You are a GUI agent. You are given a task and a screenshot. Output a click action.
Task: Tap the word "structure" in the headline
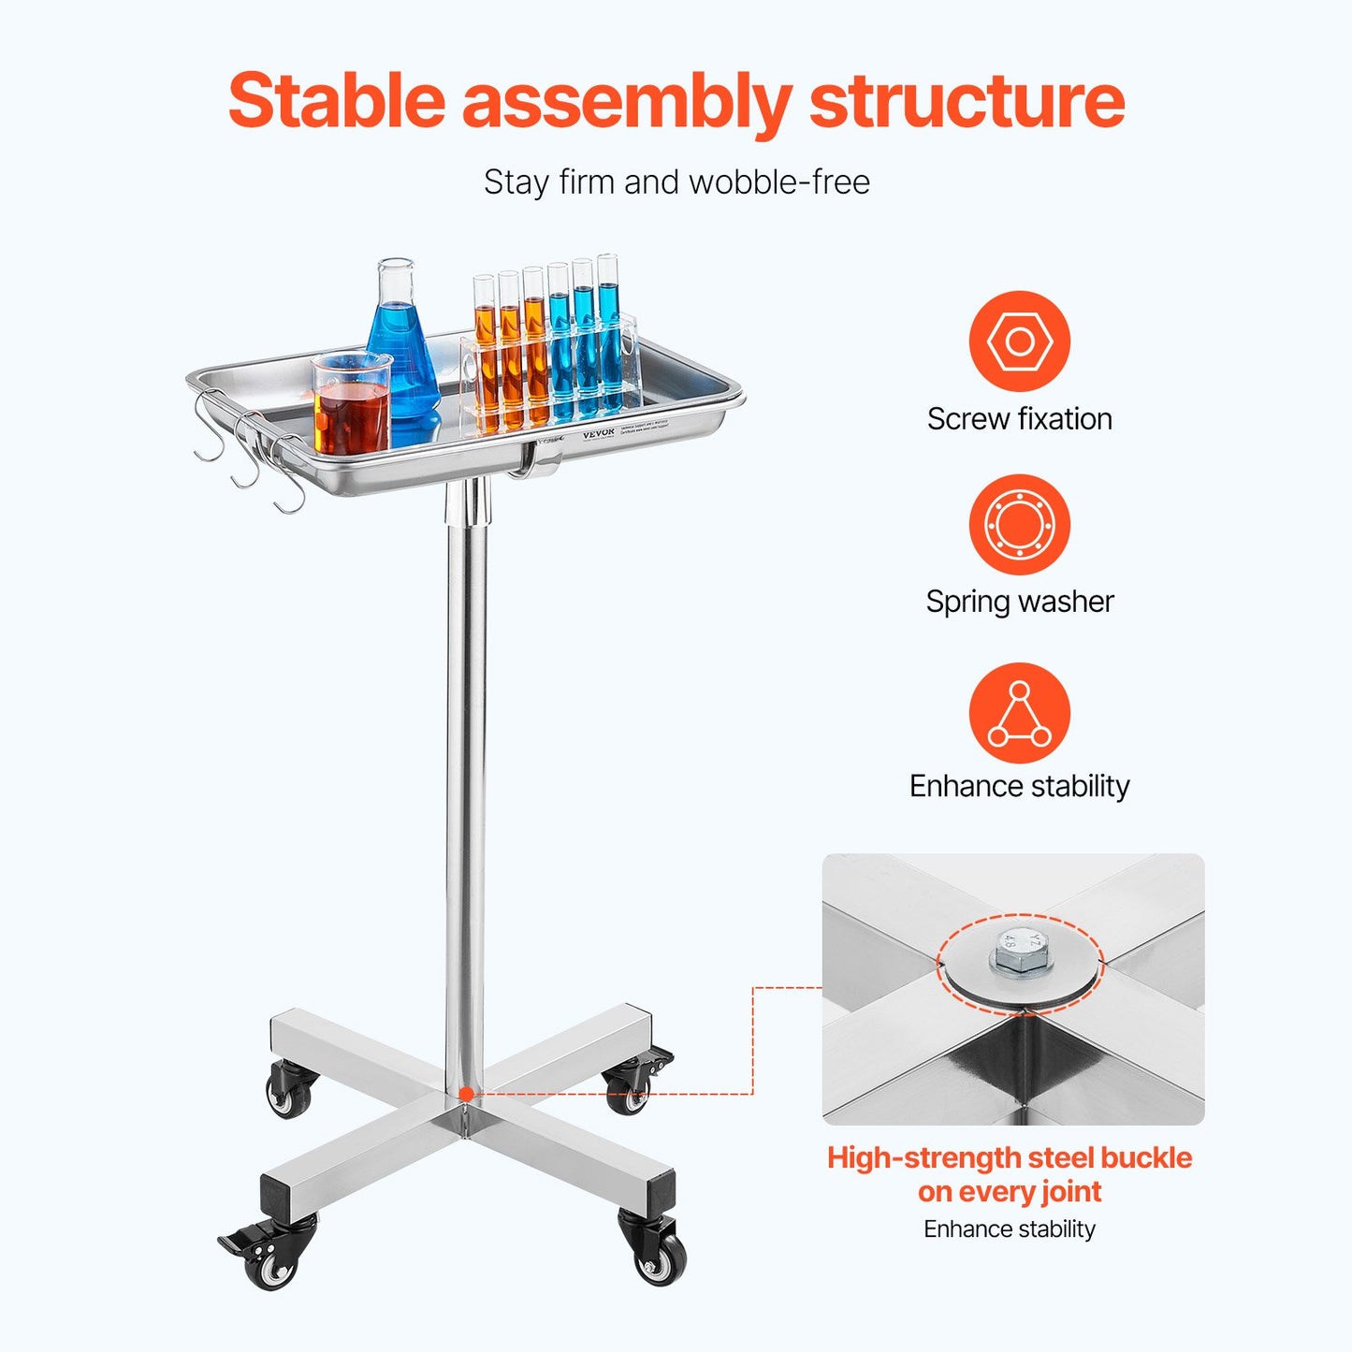pyautogui.click(x=966, y=101)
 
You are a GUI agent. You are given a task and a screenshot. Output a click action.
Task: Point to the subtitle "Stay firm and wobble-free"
pyautogui.click(x=676, y=182)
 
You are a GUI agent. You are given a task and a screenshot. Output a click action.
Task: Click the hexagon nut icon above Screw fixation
pyautogui.click(x=1019, y=341)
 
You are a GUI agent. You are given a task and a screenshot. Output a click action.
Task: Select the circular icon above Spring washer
pyautogui.click(x=1019, y=524)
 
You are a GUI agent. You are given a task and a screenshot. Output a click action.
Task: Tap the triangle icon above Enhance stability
pyautogui.click(x=1019, y=713)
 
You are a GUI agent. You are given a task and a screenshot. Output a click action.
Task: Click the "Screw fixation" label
pyautogui.click(x=1019, y=418)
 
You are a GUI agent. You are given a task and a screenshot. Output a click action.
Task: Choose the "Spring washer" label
pyautogui.click(x=1019, y=601)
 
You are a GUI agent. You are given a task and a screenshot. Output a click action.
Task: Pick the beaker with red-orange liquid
pyautogui.click(x=351, y=404)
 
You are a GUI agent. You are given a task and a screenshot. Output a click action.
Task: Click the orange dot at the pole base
pyautogui.click(x=466, y=1093)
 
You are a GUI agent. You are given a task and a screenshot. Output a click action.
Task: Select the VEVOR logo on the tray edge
pyautogui.click(x=599, y=434)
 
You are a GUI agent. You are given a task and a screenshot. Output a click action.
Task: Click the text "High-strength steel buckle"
pyautogui.click(x=1009, y=1157)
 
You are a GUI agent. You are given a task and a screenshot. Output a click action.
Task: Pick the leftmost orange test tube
pyautogui.click(x=485, y=356)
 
